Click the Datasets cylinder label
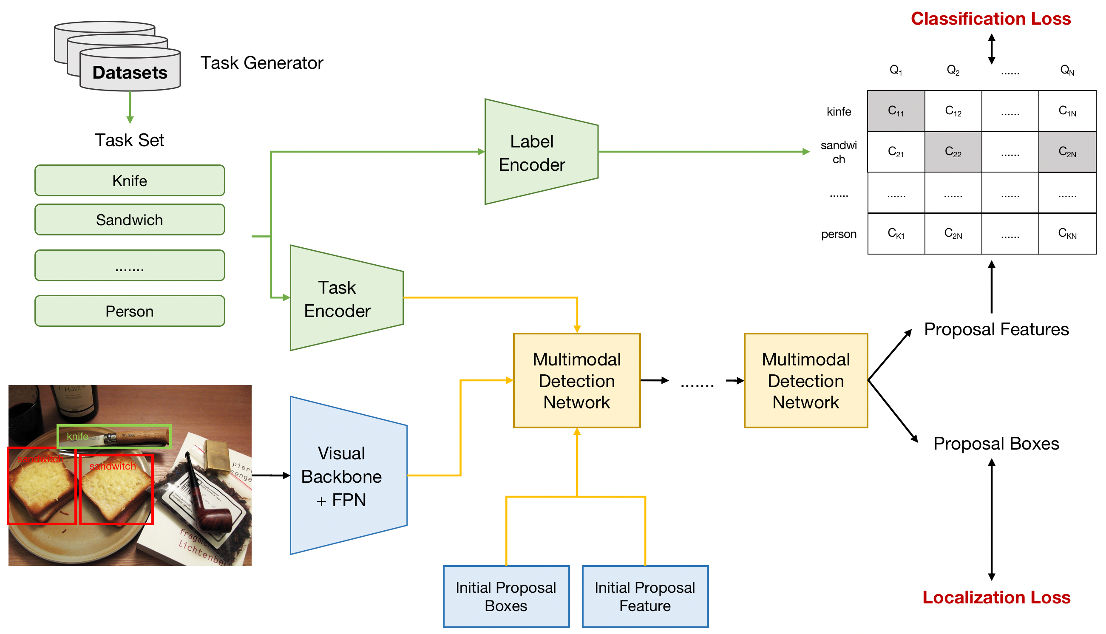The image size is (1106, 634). [130, 72]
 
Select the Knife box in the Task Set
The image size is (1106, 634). [130, 181]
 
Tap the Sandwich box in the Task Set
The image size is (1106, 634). [130, 220]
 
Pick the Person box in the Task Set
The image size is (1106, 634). [130, 311]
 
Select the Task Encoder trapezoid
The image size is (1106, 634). [342, 299]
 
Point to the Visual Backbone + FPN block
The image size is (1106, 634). [344, 476]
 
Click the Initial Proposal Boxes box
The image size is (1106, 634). [506, 597]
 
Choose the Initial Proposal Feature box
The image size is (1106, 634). [645, 597]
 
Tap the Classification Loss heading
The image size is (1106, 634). [991, 19]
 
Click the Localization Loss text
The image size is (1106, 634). [997, 598]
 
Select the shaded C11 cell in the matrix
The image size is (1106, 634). [896, 111]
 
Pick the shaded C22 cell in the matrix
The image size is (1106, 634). [953, 152]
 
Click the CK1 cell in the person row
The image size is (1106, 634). [896, 234]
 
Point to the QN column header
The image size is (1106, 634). [1067, 70]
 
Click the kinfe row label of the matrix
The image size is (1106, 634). [839, 111]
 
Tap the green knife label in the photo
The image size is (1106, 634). [77, 436]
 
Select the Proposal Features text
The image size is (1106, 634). [997, 330]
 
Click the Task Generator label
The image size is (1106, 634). [262, 63]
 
